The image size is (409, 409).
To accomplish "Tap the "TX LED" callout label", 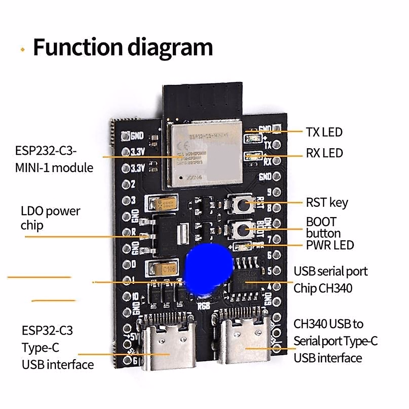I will click(324, 132).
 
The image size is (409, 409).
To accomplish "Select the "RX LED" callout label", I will click(324, 153).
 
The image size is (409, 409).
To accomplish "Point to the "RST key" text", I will click(327, 202).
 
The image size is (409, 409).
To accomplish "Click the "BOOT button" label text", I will click(323, 227).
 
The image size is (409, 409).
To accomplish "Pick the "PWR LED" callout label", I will click(330, 245).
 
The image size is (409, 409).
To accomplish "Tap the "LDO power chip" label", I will click(50, 218).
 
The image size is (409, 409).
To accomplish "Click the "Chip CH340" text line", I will click(323, 288).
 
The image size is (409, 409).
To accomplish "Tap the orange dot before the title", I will click(23, 50).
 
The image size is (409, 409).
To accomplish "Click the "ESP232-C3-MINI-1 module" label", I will click(54, 159).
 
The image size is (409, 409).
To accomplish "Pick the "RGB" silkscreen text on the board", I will click(204, 306).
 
